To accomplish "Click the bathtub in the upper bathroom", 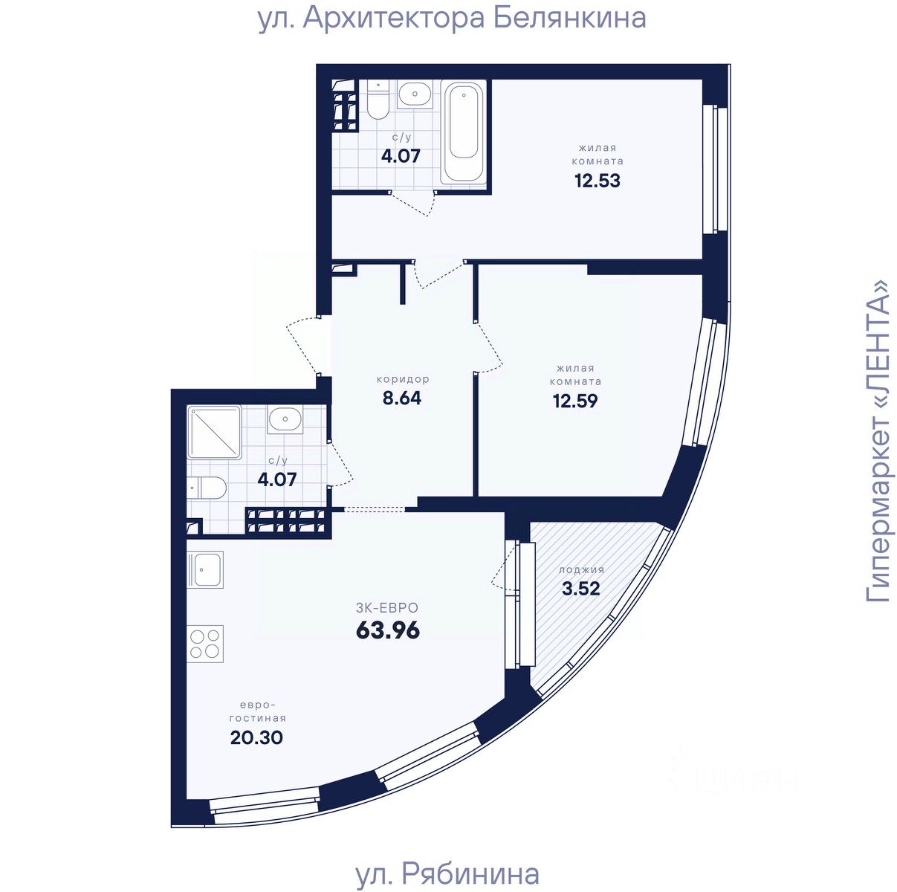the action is click(x=464, y=131).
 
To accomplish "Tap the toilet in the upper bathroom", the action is click(x=378, y=102).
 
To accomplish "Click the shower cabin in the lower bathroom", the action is click(x=214, y=431).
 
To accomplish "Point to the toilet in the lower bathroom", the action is click(x=208, y=488).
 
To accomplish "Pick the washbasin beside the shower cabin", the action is click(x=285, y=420).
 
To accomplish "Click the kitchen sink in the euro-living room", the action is click(x=204, y=569).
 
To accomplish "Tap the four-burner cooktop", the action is click(x=205, y=644).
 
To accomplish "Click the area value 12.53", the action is click(x=597, y=181).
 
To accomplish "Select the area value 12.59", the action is click(x=574, y=401).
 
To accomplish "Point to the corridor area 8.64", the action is click(x=401, y=398).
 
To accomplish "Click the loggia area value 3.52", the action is click(x=580, y=589).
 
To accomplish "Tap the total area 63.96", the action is click(x=388, y=630).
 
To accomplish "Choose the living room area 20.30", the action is click(x=256, y=737).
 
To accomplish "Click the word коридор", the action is click(x=402, y=379).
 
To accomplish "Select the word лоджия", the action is click(x=581, y=570).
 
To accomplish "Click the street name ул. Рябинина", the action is click(x=447, y=874).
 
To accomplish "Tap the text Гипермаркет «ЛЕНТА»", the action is click(x=879, y=441).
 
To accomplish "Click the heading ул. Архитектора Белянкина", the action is click(x=452, y=18).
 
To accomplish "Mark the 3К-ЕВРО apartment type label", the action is click(x=387, y=608).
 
